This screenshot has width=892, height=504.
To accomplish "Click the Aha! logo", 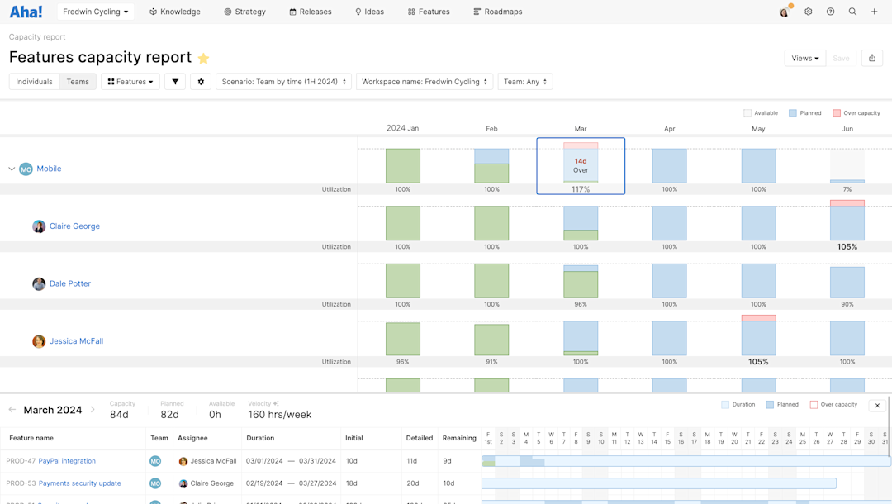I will pyautogui.click(x=26, y=12).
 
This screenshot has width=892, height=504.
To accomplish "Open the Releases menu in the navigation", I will pyautogui.click(x=311, y=12).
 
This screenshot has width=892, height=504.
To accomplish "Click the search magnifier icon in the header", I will pyautogui.click(x=852, y=12).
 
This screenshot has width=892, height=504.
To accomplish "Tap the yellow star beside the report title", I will pyautogui.click(x=203, y=58).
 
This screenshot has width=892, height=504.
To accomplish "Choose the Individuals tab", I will pyautogui.click(x=34, y=82).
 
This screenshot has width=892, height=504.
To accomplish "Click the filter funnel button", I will pyautogui.click(x=175, y=82).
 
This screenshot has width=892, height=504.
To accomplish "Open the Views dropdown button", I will pyautogui.click(x=804, y=58).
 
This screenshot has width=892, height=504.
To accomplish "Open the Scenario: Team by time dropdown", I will pyautogui.click(x=283, y=82).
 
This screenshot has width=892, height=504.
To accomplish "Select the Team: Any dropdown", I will pyautogui.click(x=524, y=82).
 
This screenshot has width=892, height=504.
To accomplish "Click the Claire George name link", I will pyautogui.click(x=74, y=226).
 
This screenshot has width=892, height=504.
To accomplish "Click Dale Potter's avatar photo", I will pyautogui.click(x=39, y=283).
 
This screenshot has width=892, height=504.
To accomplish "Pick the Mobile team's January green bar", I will pyautogui.click(x=402, y=166).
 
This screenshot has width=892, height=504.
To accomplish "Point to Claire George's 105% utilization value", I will pyautogui.click(x=847, y=246).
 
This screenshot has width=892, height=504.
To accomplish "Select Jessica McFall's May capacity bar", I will pyautogui.click(x=758, y=336).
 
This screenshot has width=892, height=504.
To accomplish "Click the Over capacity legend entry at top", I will pyautogui.click(x=856, y=113).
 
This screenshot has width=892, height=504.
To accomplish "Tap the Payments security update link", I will pyautogui.click(x=79, y=483).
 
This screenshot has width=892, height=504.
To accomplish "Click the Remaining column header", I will pyautogui.click(x=459, y=438).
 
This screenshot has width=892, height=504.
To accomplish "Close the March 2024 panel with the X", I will pyautogui.click(x=877, y=405).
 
